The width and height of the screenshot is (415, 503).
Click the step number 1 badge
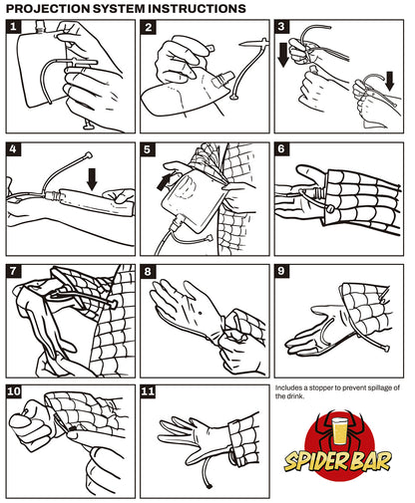coord(13,27)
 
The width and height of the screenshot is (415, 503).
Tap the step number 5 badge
coord(148,149)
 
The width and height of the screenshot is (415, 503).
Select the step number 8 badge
coord(148,272)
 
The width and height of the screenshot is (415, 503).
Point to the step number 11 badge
coord(149,391)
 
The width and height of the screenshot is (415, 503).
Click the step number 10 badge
coord(14,391)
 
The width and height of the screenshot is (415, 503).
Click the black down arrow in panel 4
coord(92,178)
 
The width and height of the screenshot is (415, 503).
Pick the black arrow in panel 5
coord(165,182)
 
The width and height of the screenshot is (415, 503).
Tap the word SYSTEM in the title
coord(119,8)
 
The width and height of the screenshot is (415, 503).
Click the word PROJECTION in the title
coord(48,8)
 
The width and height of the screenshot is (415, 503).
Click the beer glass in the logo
coord(339,431)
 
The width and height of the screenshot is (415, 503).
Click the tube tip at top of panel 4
coord(89,154)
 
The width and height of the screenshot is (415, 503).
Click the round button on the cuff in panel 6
coord(330,209)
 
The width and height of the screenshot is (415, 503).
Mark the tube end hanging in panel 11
coord(210,486)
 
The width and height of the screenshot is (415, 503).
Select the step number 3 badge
coord(281,27)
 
